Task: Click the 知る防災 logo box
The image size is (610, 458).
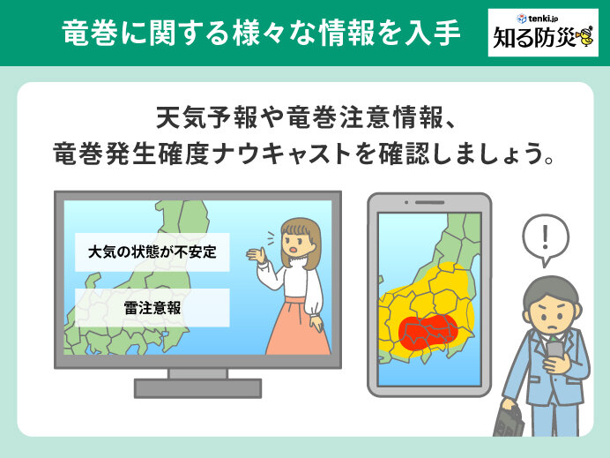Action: pos(543,33)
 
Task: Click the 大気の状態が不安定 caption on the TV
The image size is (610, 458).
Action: pos(152,252)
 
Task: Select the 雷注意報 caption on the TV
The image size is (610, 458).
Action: pos(152,308)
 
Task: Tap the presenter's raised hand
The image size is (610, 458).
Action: pos(257,256)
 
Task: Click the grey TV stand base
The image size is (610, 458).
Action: pos(197,388)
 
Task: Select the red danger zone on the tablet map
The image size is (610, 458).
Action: pos(428,331)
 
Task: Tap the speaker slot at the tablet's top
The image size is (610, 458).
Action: pos(429,202)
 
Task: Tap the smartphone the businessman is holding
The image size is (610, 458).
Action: pos(554,351)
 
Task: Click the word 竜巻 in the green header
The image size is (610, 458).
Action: pos(90,33)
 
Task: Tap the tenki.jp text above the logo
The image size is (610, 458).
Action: pos(543,18)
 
